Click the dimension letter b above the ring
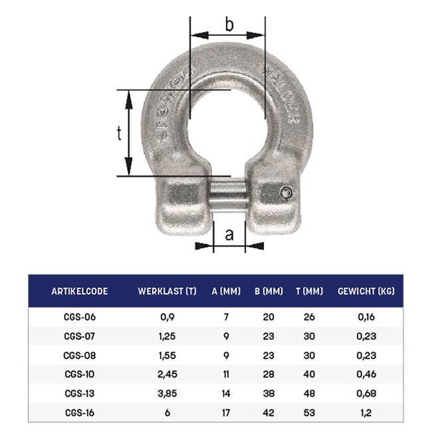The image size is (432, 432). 229,26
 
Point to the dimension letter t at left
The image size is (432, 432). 119,134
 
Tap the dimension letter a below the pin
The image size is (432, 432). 230,234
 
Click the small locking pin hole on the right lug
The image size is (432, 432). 286,193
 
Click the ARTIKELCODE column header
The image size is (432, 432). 79,291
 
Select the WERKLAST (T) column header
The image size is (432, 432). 167,291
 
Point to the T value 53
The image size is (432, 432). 309,413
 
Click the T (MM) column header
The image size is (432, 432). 309,291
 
